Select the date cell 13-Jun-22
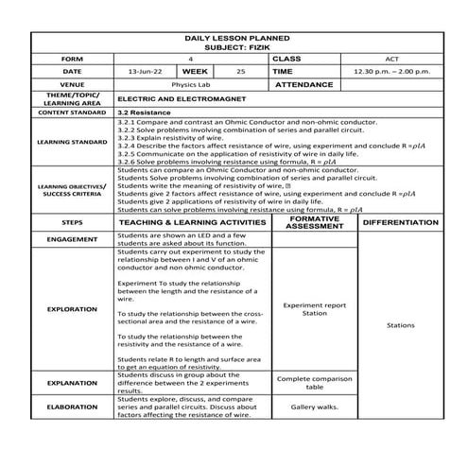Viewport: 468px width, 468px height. point(143,71)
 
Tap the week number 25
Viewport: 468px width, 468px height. point(241,71)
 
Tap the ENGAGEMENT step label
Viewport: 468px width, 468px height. point(72,239)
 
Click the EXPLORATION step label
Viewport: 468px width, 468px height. point(72,309)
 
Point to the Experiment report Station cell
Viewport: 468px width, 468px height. point(314,309)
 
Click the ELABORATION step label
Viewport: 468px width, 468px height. point(72,407)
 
